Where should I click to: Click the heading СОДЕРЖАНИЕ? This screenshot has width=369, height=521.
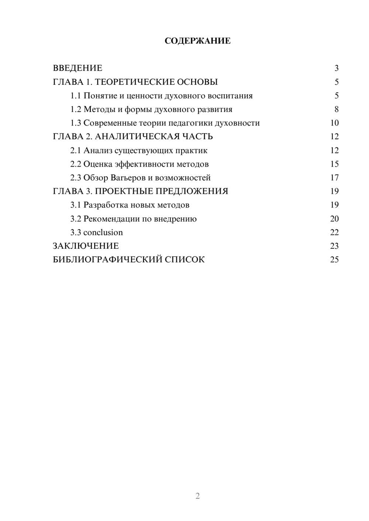[197, 41]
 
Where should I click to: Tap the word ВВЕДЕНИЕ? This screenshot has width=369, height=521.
[77, 68]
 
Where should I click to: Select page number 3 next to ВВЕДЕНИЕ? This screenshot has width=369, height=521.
[336, 68]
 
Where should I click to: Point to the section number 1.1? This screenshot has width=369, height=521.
[76, 96]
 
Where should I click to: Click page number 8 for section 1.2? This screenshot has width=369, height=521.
[336, 109]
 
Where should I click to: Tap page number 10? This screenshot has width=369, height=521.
[334, 123]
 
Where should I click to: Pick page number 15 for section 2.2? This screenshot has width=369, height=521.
[334, 164]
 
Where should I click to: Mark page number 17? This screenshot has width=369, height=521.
[334, 178]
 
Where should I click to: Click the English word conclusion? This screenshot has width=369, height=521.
[103, 232]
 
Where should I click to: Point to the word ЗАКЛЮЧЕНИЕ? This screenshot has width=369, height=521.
[86, 246]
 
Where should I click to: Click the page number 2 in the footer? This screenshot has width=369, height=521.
[197, 496]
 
